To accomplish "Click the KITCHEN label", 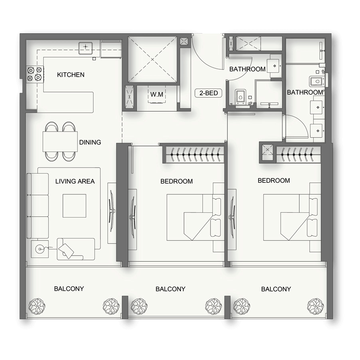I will [x=70, y=75].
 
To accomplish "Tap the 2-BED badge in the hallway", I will [x=208, y=93].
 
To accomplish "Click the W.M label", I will [x=156, y=95].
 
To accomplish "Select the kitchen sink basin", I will [x=86, y=48].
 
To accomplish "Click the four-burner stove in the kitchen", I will [x=34, y=74].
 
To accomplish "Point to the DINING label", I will [x=90, y=142].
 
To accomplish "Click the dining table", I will [x=60, y=141].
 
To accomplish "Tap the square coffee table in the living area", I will [x=74, y=206].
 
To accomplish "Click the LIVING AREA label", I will [x=75, y=181].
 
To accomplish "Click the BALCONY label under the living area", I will [x=69, y=288].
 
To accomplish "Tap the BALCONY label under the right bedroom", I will [x=276, y=289].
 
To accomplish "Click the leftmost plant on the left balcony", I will [x=37, y=306].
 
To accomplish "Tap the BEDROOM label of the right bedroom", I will [x=274, y=180].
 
